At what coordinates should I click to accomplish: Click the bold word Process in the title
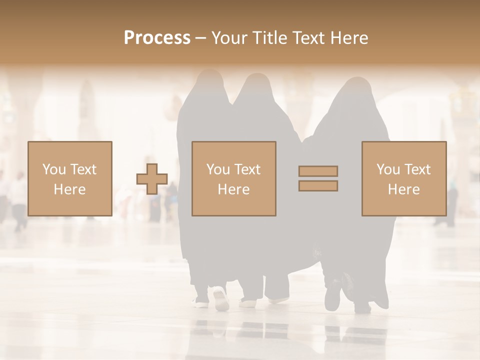pos(157,38)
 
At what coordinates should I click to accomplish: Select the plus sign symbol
pos(152,179)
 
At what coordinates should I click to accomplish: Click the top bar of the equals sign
pos(318,171)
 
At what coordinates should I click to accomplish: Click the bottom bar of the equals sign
pos(318,186)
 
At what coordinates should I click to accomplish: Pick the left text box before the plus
pos(69,178)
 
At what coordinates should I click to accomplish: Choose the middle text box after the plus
pos(233,178)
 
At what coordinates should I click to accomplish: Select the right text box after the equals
pos(403,178)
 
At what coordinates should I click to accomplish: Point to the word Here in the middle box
pos(233,189)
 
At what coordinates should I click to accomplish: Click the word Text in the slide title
pos(307,38)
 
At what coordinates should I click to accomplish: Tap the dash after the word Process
pos(200,38)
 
